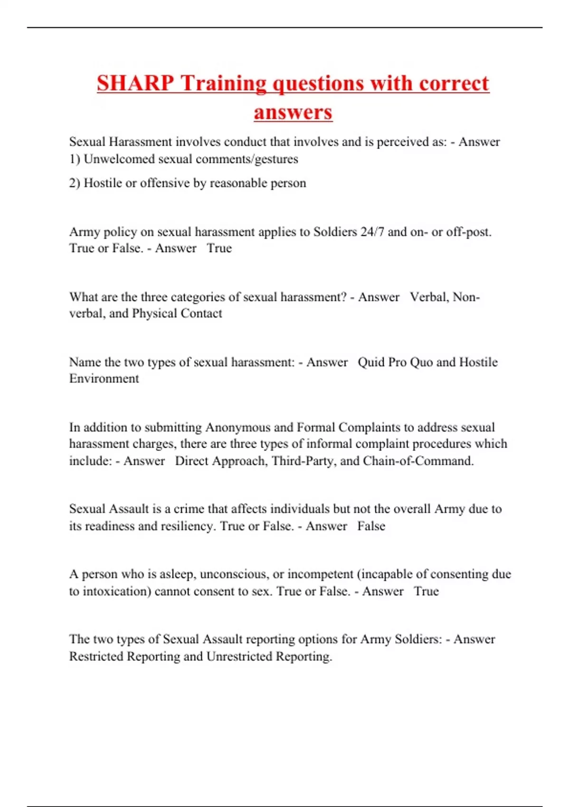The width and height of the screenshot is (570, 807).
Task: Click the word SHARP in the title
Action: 135,83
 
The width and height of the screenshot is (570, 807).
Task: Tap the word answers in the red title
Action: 293,112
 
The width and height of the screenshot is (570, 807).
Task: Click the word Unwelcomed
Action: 119,159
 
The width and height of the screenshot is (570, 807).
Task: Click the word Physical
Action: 154,314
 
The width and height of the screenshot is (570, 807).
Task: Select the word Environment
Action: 104,379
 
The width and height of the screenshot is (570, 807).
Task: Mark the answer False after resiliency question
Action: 371,526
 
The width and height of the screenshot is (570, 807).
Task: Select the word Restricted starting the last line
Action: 96,657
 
